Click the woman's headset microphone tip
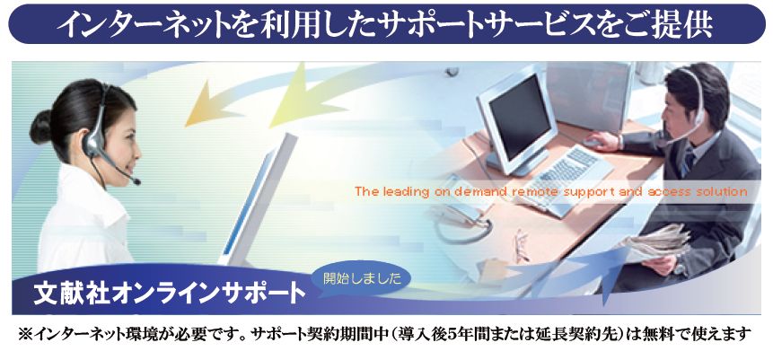[x=137, y=181]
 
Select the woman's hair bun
[x=40, y=127]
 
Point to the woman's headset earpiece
[x=92, y=142]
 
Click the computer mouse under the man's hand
[x=592, y=142]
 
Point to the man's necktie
[x=689, y=163]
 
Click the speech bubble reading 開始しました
[x=363, y=279]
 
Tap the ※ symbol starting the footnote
[x=24, y=335]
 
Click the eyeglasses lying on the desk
[x=521, y=244]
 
